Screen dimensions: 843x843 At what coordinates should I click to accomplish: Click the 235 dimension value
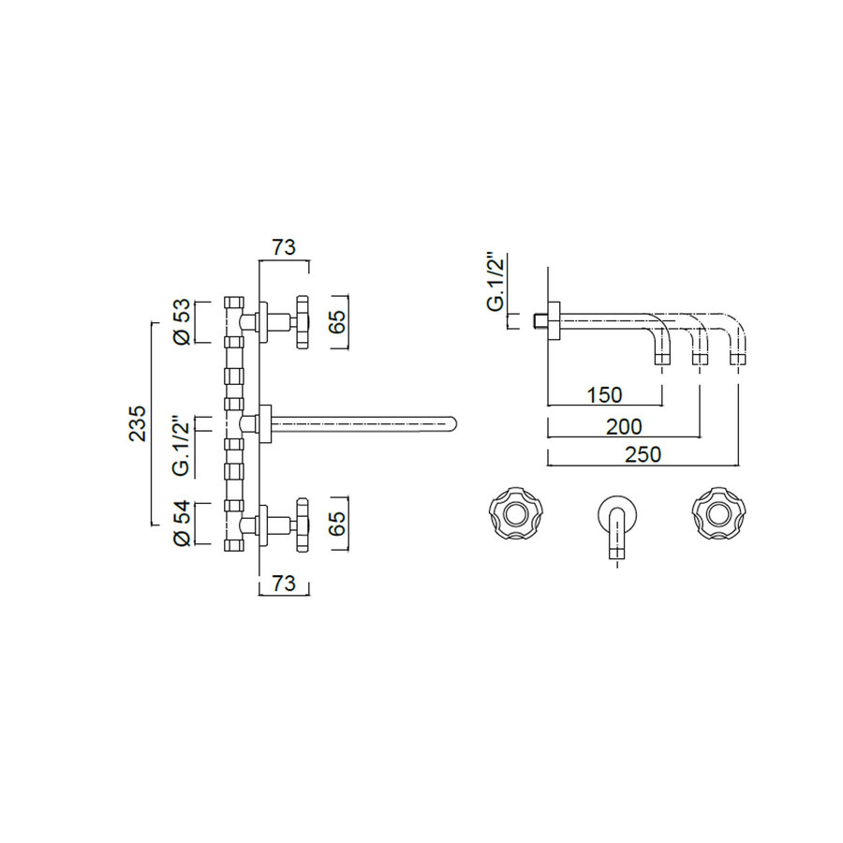coord(137,423)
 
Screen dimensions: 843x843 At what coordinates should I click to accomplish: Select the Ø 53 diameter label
coord(183,321)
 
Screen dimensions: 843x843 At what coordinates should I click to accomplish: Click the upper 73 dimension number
coord(284,247)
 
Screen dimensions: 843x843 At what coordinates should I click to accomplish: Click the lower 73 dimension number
coord(283,584)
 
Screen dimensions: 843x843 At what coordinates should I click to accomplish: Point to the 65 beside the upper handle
coord(338,321)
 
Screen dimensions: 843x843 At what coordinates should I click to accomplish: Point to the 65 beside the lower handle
coord(338,523)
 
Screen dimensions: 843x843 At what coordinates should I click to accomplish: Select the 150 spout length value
coord(605,393)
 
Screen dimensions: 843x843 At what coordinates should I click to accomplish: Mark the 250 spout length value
coord(643,454)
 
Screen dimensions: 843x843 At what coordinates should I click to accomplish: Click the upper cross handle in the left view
coord(302,322)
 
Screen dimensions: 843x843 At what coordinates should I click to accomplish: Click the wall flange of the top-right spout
coord(555,320)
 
